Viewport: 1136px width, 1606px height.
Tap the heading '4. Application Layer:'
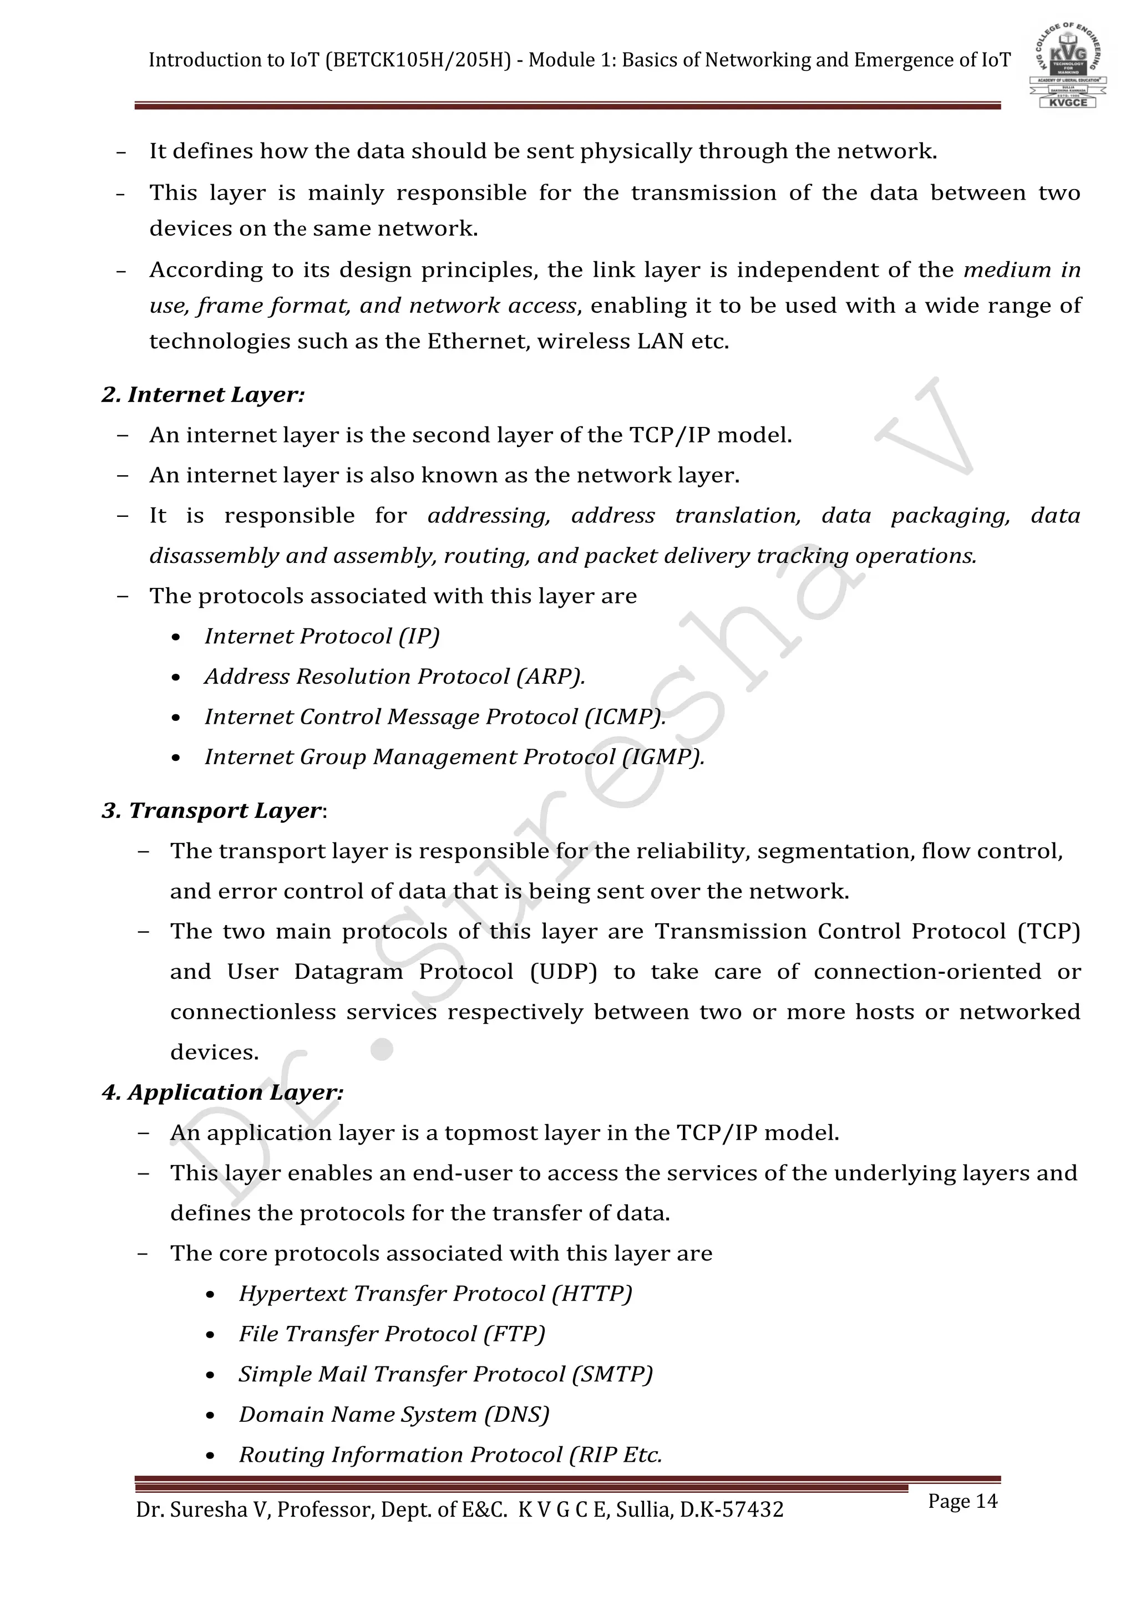222,1092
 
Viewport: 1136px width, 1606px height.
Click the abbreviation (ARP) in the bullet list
550,677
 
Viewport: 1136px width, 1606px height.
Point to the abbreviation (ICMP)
625,717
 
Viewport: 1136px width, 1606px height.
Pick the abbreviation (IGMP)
663,757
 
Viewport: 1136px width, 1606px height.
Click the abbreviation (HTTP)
592,1293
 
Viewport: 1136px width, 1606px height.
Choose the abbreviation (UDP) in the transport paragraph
563,972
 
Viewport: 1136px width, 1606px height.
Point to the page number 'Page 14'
962,1501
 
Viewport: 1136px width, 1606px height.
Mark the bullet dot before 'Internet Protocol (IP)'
176,637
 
